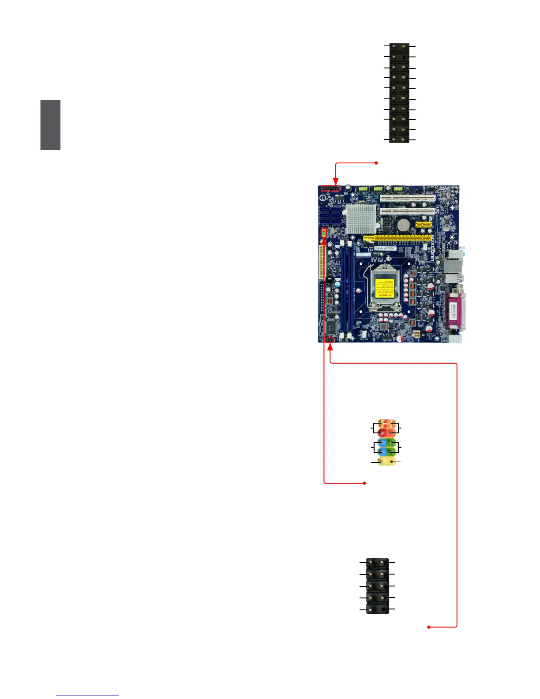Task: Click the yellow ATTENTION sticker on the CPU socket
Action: click(382, 288)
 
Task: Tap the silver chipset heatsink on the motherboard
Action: click(361, 218)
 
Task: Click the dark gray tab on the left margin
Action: click(50, 125)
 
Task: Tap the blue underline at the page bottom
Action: click(87, 695)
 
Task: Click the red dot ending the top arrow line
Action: click(376, 163)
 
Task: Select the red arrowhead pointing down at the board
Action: click(336, 181)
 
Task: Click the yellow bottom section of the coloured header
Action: click(386, 462)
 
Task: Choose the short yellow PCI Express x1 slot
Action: click(424, 224)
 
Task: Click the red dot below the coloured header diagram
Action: click(365, 483)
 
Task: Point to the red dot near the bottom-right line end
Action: click(429, 627)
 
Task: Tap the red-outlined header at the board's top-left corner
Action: click(331, 189)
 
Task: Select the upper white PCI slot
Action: click(408, 199)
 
